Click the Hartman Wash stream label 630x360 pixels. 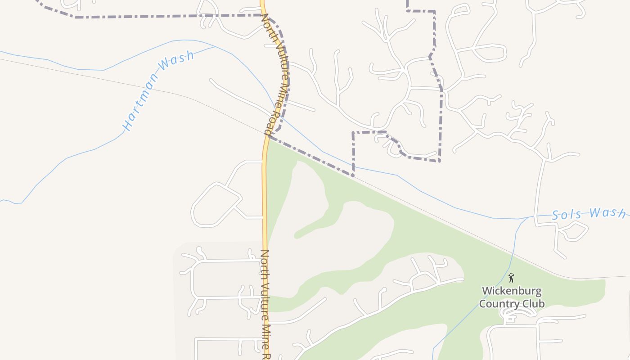pos(159,90)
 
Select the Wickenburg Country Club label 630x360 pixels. pos(511,297)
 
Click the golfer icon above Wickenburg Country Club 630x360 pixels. pos(511,278)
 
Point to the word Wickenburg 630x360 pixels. pos(511,291)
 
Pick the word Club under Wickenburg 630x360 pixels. pos(531,304)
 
